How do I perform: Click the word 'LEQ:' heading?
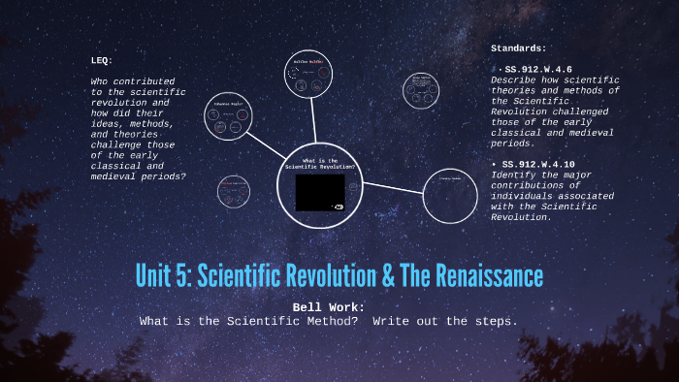point(102,61)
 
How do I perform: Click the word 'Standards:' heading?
point(519,48)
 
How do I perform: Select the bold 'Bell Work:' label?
point(327,307)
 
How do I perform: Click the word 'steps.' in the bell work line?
point(497,320)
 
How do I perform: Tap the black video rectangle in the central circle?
point(320,193)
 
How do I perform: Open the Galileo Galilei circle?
point(313,77)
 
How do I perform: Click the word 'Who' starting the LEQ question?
point(100,81)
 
